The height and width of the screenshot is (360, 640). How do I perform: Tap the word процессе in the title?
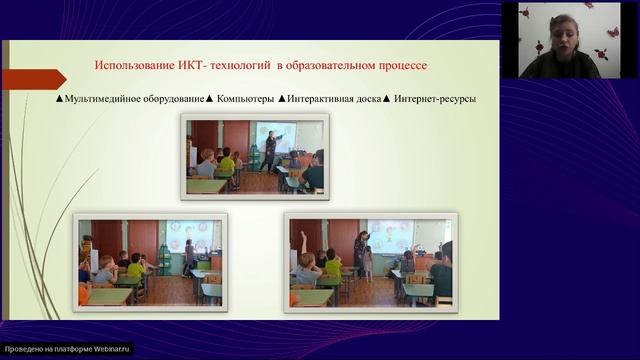point(399,66)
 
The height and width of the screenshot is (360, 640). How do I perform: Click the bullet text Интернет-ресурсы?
point(435,99)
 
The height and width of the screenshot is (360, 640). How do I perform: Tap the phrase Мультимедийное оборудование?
point(134,99)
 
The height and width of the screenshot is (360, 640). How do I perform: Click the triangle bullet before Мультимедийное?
point(60,99)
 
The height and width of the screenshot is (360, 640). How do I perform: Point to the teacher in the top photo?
point(271,150)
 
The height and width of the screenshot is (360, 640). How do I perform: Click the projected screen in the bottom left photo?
point(187,236)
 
